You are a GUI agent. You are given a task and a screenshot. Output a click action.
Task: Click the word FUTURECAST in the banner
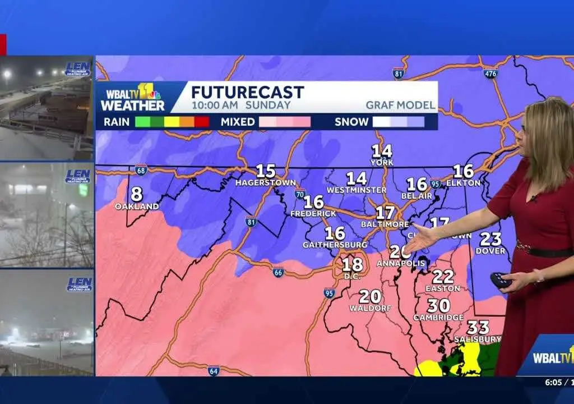click(x=247, y=92)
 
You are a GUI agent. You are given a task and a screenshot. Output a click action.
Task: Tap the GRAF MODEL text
click(x=400, y=105)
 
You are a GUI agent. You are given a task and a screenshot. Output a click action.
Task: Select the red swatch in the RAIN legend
click(x=202, y=121)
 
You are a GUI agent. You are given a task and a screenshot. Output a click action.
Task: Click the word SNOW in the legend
click(x=351, y=121)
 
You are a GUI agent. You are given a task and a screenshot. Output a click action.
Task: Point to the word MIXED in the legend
click(x=237, y=121)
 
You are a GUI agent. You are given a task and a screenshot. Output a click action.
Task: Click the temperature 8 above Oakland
click(x=136, y=194)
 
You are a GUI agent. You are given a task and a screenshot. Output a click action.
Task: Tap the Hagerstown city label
click(x=265, y=183)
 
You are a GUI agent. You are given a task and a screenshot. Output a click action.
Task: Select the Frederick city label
click(x=313, y=214)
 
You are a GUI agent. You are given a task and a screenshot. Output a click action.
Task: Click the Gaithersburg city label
click(x=335, y=245)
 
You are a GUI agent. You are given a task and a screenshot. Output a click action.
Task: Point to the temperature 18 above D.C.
click(x=352, y=264)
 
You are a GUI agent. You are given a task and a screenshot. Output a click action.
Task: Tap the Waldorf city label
click(x=369, y=308)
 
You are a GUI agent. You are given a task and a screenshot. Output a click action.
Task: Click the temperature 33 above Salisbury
click(x=478, y=327)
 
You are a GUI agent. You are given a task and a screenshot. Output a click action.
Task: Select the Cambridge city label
click(x=438, y=318)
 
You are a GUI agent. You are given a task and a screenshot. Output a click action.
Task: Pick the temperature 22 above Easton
click(x=443, y=276)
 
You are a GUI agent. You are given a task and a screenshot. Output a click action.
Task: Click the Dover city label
click(x=490, y=251)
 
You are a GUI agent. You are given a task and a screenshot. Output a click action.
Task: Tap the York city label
click(x=382, y=163)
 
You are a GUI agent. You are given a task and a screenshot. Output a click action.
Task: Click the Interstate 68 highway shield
click(x=141, y=169)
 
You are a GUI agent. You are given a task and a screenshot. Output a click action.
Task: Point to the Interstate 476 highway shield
click(x=491, y=74)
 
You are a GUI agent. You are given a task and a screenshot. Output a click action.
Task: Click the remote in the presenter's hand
click(x=500, y=280)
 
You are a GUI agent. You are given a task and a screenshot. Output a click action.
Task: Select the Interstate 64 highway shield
click(x=213, y=370)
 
